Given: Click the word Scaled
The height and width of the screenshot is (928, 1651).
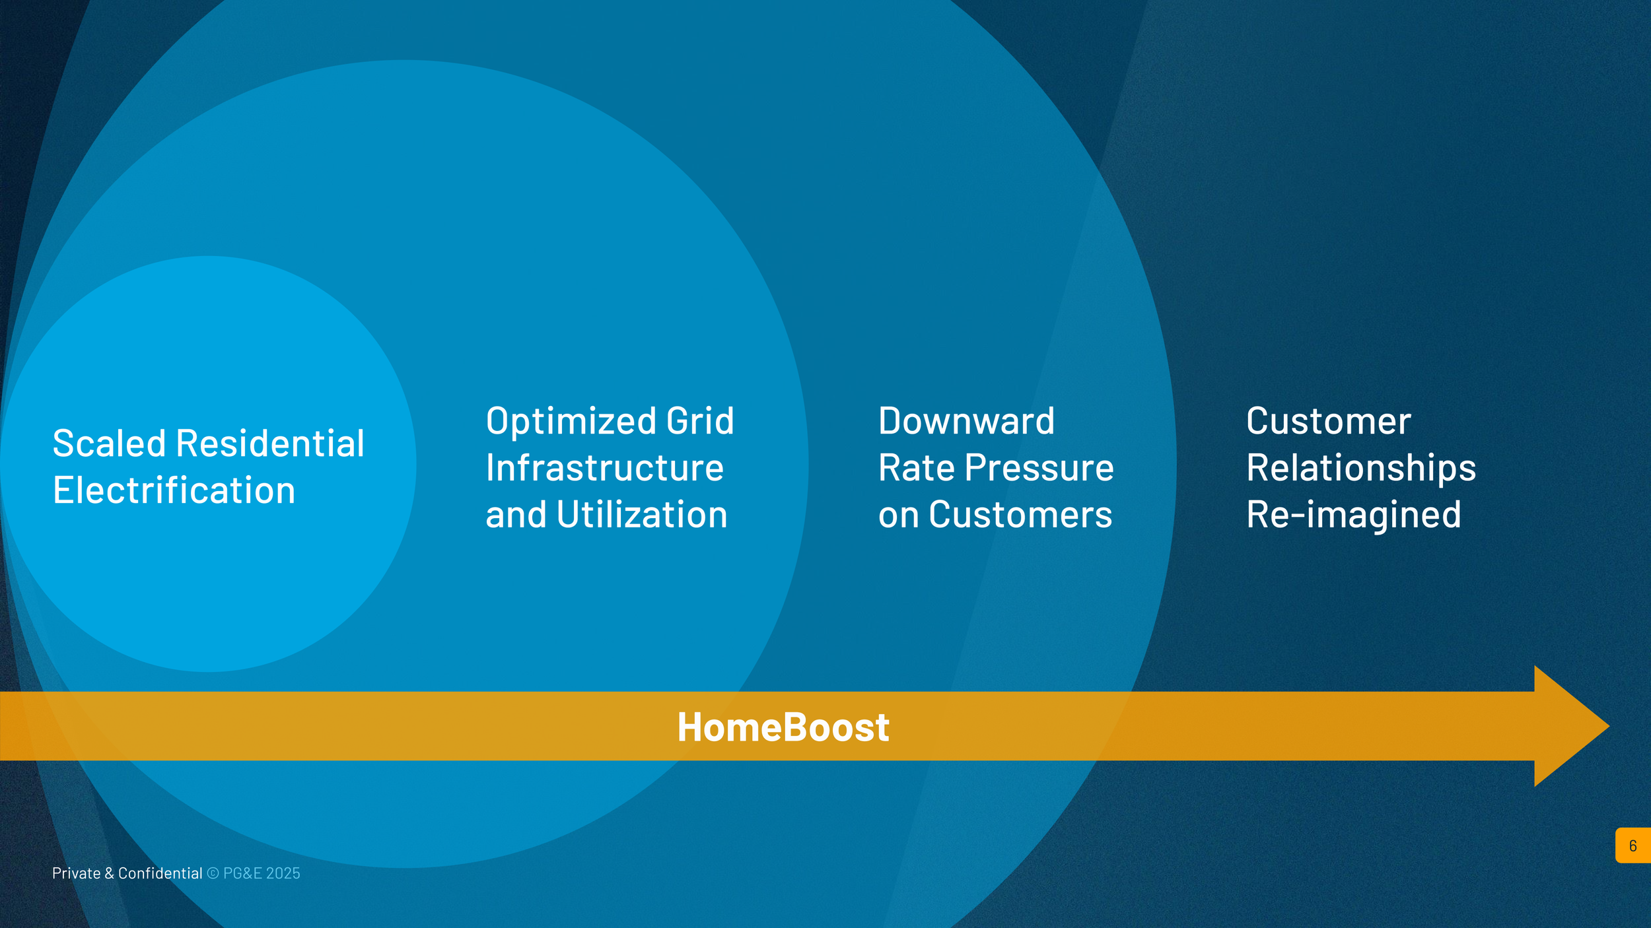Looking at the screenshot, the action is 109,443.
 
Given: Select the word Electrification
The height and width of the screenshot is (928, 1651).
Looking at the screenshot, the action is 174,490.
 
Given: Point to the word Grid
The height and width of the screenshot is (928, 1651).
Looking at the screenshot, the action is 700,420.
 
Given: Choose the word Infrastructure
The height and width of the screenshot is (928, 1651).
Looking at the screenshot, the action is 605,467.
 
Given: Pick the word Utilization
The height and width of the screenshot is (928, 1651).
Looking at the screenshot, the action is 642,514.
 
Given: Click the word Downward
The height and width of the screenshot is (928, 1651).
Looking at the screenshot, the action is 967,420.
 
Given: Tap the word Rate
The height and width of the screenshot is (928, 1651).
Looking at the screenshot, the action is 917,467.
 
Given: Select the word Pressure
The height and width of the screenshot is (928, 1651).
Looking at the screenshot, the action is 1039,467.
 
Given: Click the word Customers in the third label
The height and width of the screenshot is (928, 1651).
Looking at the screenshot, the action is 1021,514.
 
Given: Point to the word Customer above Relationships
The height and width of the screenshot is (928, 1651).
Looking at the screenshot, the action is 1329,420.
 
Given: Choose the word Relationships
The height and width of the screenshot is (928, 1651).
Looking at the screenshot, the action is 1361,469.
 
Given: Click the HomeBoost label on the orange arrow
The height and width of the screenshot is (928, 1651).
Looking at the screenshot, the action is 783,727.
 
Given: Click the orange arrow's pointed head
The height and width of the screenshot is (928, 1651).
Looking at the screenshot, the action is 1609,726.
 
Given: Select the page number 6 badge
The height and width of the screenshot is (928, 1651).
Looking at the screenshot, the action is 1633,845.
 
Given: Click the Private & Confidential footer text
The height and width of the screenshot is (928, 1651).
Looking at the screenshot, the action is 127,873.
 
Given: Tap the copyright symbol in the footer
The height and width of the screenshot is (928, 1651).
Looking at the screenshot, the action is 213,873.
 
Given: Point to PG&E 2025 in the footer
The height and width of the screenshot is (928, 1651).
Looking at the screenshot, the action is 262,873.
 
